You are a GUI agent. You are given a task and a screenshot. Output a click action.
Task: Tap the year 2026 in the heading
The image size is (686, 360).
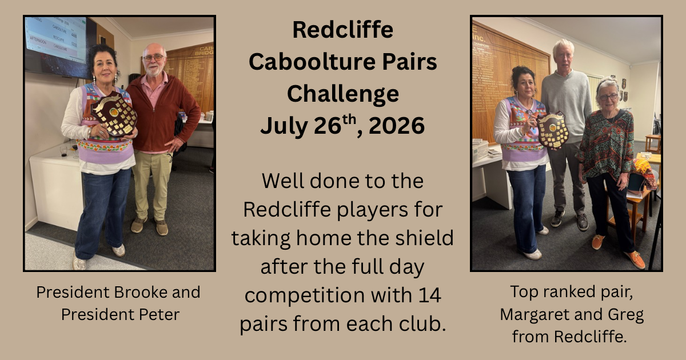click(397, 126)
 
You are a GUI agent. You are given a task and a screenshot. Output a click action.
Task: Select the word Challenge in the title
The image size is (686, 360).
click(343, 94)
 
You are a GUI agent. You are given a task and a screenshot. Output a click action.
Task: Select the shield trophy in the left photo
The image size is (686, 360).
click(114, 114)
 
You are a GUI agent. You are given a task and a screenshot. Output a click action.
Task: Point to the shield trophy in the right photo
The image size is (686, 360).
click(552, 130)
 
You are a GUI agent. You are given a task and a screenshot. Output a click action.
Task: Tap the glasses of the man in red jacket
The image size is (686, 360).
click(154, 58)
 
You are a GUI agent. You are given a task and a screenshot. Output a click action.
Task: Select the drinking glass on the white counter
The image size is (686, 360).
click(63, 151)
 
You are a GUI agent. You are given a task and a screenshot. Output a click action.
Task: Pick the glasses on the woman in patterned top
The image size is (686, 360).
click(608, 97)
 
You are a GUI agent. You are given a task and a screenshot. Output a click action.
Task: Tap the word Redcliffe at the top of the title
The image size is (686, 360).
click(343, 30)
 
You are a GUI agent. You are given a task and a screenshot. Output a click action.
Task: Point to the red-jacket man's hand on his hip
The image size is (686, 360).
click(174, 144)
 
